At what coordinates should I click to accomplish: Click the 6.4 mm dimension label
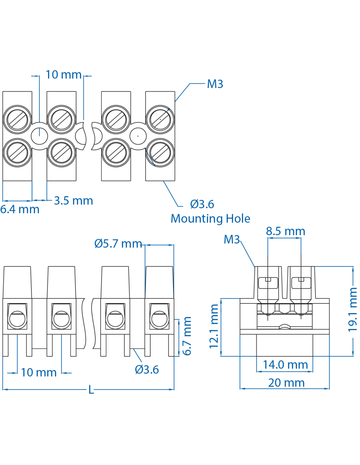click(x=20, y=209)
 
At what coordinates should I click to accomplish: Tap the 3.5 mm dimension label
click(x=73, y=200)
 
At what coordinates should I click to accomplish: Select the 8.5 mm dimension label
click(x=285, y=231)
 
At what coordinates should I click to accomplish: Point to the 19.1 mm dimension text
click(x=352, y=309)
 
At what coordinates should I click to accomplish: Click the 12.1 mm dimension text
click(x=214, y=326)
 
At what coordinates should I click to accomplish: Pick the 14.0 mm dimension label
click(x=285, y=365)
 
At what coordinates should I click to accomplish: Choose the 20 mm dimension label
click(x=286, y=383)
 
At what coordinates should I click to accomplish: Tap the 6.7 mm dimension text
click(x=187, y=336)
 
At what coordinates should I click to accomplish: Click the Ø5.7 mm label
click(x=118, y=244)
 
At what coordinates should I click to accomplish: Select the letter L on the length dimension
click(x=91, y=390)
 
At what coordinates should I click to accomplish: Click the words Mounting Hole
click(x=210, y=218)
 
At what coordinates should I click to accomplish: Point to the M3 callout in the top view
click(x=215, y=84)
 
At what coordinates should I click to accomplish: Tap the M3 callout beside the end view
click(x=232, y=239)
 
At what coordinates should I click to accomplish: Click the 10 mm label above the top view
click(x=63, y=75)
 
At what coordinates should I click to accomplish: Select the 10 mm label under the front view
click(x=39, y=372)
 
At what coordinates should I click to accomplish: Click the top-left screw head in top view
click(x=17, y=119)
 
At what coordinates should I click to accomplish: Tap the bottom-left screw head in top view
click(x=17, y=153)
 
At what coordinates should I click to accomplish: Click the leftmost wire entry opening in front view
click(x=17, y=319)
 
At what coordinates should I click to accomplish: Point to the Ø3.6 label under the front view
click(x=147, y=370)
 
